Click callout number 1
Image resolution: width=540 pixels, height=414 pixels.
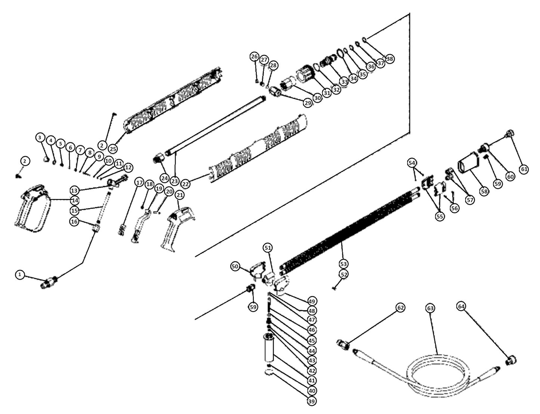tap(21, 275)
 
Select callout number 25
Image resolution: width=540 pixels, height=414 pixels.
tap(113, 148)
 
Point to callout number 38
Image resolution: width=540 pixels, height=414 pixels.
tap(390, 59)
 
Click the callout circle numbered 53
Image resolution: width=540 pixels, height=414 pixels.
tap(343, 263)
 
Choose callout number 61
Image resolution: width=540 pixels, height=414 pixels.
tap(524, 169)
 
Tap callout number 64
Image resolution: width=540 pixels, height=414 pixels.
tap(462, 306)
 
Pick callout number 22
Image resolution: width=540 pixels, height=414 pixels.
tap(186, 184)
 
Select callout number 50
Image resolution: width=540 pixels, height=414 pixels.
tap(235, 266)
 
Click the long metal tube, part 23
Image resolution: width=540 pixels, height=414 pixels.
tap(217, 125)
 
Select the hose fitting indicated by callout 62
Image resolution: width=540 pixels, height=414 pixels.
tap(343, 344)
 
